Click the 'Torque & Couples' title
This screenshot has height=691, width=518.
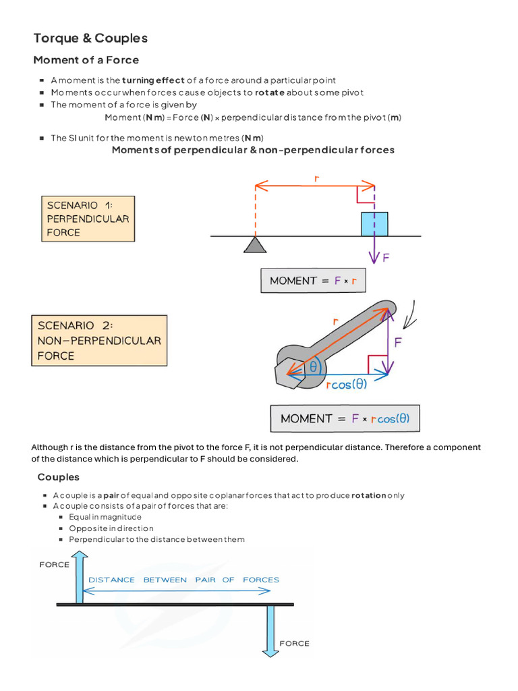click(x=90, y=38)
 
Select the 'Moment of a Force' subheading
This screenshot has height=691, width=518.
click(x=86, y=60)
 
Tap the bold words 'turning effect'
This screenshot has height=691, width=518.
click(x=153, y=80)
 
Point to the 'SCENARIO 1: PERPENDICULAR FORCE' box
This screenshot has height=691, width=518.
click(x=88, y=219)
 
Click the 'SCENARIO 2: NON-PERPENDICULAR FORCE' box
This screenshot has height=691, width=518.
click(x=99, y=340)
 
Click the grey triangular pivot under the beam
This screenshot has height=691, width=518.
click(x=255, y=244)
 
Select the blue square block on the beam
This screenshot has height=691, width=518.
click(x=374, y=224)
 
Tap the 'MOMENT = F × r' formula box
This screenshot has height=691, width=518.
click(x=313, y=281)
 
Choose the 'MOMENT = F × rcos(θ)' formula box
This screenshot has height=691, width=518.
click(x=344, y=418)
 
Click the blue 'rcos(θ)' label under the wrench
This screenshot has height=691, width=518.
click(x=347, y=385)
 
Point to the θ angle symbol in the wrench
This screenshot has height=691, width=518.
click(x=313, y=367)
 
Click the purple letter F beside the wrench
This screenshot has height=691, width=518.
click(x=398, y=342)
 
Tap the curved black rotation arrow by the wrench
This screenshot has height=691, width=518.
click(x=411, y=315)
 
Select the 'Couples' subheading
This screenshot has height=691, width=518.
click(x=58, y=477)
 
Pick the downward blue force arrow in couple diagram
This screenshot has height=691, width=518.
click(x=270, y=630)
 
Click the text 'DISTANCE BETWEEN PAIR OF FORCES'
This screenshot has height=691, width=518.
click(x=183, y=580)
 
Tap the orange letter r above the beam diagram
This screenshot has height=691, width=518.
click(x=316, y=178)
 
